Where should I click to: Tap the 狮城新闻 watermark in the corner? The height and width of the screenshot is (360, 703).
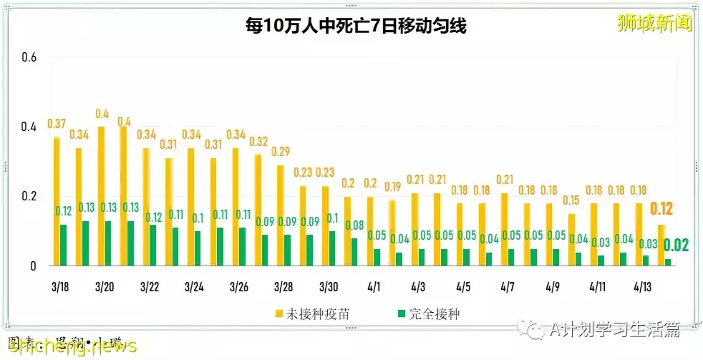(x=655, y=24)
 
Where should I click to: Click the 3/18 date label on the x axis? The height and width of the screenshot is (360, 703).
(x=60, y=286)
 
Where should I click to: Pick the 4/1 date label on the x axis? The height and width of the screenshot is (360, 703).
(x=374, y=286)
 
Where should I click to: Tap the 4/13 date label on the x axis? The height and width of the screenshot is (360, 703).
(x=642, y=286)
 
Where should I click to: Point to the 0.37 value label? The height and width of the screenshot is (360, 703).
(x=57, y=125)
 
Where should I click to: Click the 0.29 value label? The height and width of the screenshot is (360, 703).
(x=281, y=152)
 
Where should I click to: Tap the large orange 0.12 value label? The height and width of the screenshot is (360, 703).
(x=662, y=210)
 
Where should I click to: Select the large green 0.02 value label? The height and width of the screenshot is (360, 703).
(x=676, y=245)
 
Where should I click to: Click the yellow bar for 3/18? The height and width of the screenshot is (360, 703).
(x=56, y=201)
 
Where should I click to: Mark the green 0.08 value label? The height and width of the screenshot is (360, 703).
(x=354, y=225)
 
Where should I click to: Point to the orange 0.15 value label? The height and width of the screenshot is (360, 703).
(x=571, y=200)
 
